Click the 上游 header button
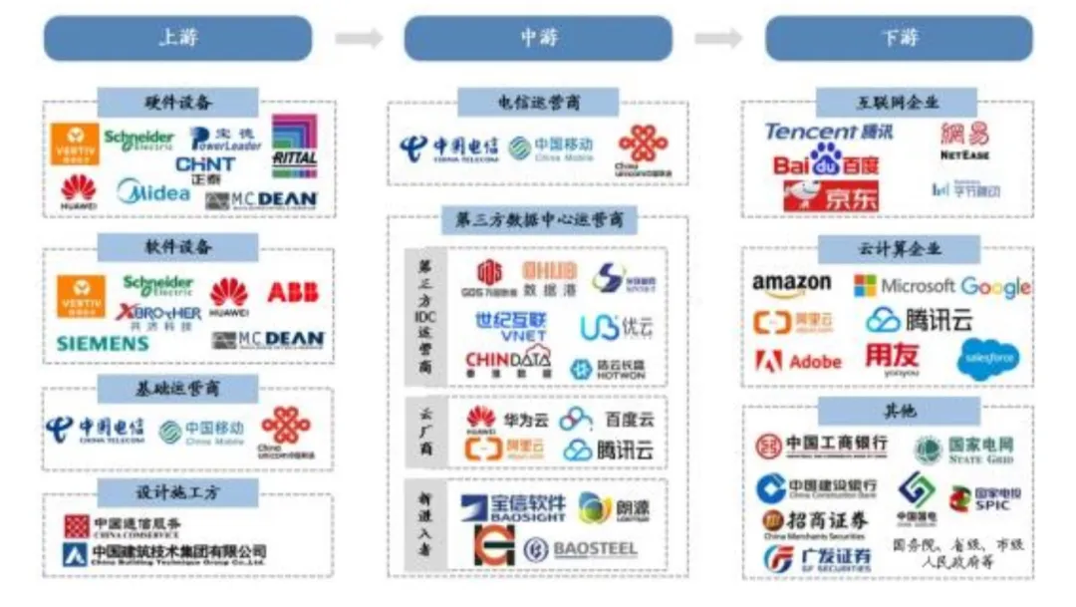[177, 38]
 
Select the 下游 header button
[899, 38]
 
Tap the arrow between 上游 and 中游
[358, 38]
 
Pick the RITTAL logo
[295, 146]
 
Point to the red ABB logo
[293, 292]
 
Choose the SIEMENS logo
[103, 344]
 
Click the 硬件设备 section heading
[178, 102]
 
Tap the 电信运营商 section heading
[538, 102]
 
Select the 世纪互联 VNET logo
[510, 325]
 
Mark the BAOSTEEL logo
[581, 549]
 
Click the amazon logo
[791, 286]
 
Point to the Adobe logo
[798, 361]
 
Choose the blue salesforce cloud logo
[987, 359]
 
